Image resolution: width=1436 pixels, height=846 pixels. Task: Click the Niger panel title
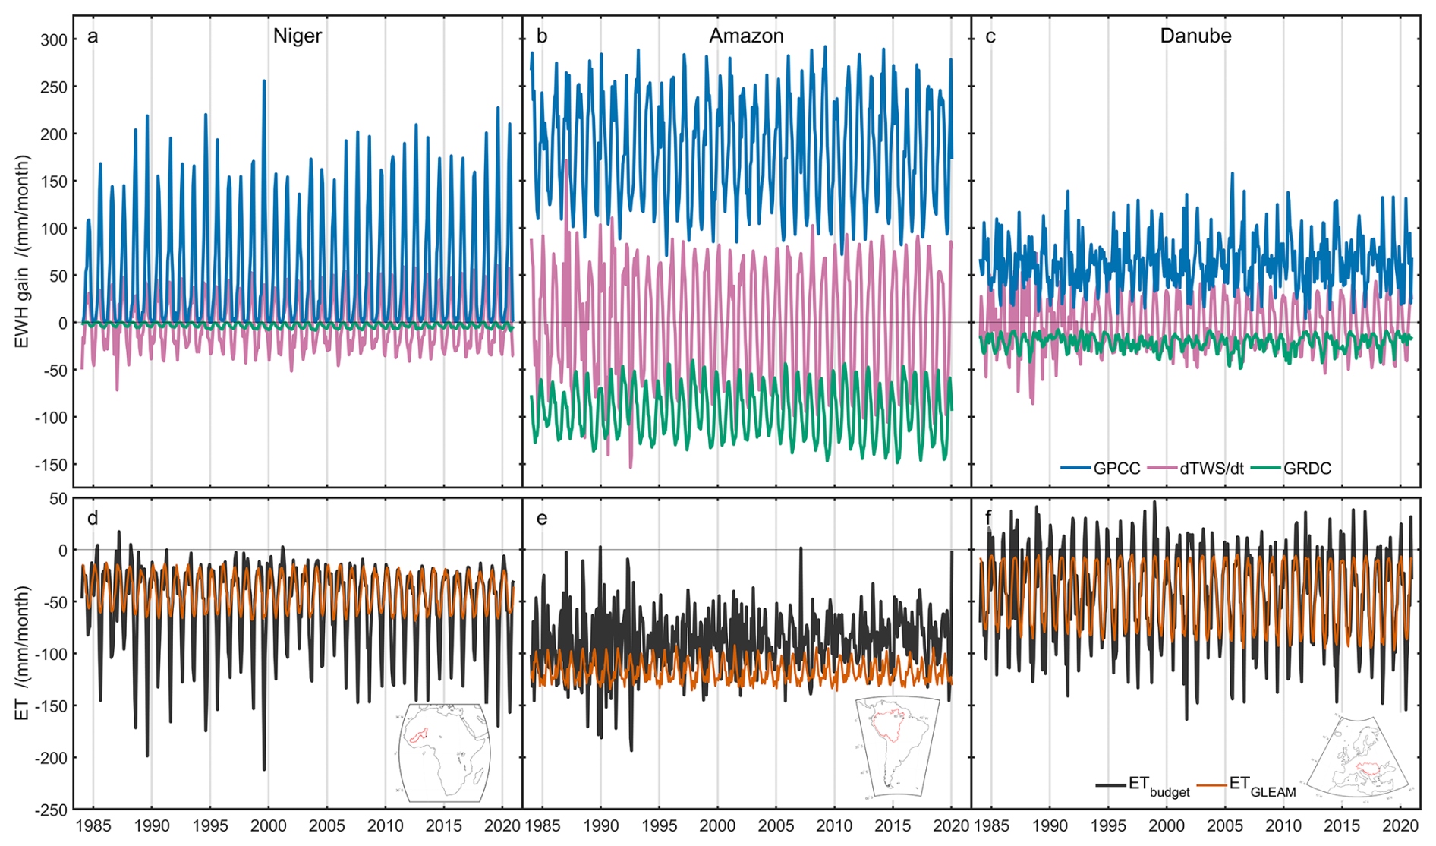click(297, 36)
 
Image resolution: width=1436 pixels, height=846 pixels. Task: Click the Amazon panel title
click(746, 36)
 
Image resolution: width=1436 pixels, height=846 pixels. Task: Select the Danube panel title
click(1195, 36)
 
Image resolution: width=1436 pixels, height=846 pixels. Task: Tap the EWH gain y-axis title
click(22, 251)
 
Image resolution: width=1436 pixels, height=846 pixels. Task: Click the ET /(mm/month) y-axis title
click(22, 653)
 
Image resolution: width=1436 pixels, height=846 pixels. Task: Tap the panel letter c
click(990, 36)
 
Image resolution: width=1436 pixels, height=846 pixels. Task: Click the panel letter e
click(541, 519)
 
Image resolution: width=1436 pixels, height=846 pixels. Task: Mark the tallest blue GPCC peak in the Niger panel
click(264, 81)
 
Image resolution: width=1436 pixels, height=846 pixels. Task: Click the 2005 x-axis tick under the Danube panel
click(1225, 825)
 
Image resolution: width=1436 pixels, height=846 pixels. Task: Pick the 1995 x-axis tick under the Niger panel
click(210, 825)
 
